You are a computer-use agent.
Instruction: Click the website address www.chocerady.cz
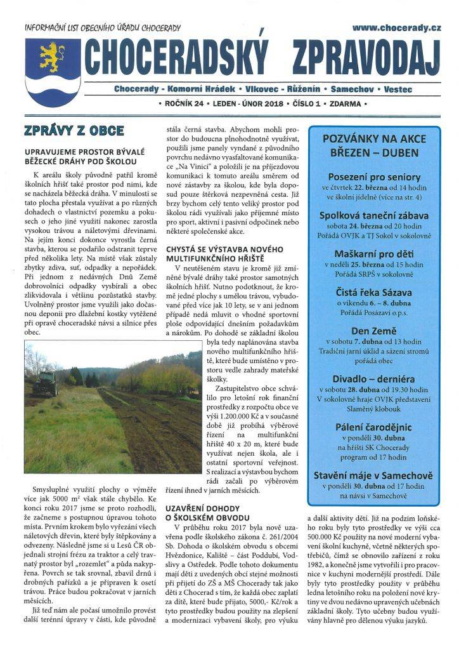tap(396, 28)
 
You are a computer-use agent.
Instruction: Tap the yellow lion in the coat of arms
tap(53, 58)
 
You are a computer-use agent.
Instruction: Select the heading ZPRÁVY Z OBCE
tap(74, 131)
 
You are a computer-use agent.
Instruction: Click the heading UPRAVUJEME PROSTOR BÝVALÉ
tap(84, 152)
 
